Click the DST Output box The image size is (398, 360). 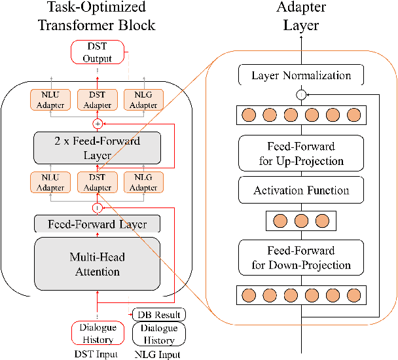pyautogui.click(x=96, y=52)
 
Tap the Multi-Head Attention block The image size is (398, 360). pyautogui.click(x=96, y=264)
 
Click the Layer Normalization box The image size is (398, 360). pyautogui.click(x=301, y=75)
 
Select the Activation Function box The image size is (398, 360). pyautogui.click(x=301, y=190)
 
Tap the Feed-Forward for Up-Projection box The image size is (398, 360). pyautogui.click(x=301, y=154)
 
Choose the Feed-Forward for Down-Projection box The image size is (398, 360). pyautogui.click(x=301, y=258)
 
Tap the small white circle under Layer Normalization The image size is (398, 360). pyautogui.click(x=301, y=96)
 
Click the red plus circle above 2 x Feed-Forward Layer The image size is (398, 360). pyautogui.click(x=96, y=122)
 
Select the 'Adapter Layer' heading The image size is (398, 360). pyautogui.click(x=300, y=18)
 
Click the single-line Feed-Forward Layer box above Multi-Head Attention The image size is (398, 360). pyautogui.click(x=96, y=225)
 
